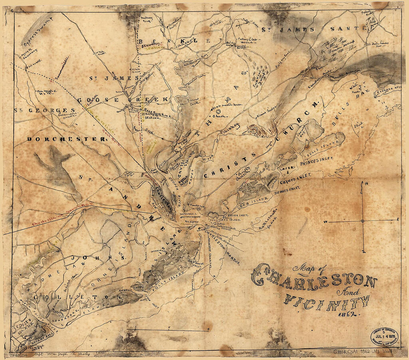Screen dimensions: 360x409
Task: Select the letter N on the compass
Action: click(366, 183)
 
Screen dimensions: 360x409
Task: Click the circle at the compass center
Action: click(363, 221)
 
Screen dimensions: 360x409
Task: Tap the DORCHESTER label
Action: click(67, 139)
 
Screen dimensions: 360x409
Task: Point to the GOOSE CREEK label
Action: click(123, 100)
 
